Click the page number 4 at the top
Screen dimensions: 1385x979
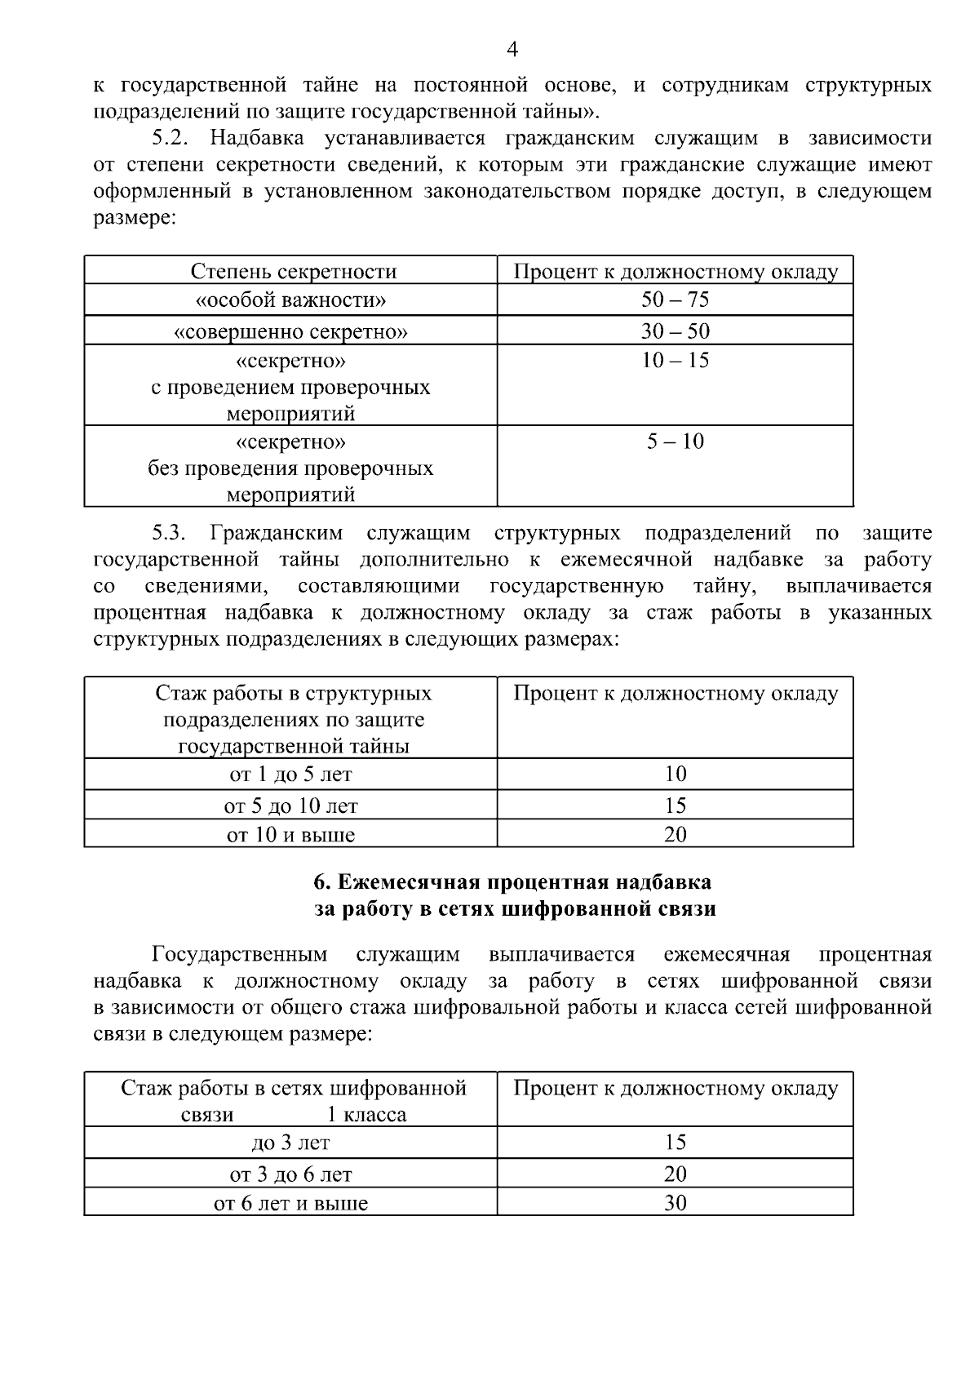pyautogui.click(x=512, y=51)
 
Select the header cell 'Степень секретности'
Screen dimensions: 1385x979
pyautogui.click(x=293, y=271)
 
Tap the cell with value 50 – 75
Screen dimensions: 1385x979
pyautogui.click(x=675, y=300)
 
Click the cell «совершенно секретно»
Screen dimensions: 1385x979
pyautogui.click(x=291, y=331)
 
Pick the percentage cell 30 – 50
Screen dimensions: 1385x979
pyautogui.click(x=675, y=331)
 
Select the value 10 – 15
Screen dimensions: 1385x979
pyautogui.click(x=675, y=360)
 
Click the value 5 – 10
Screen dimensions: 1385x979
pyautogui.click(x=675, y=442)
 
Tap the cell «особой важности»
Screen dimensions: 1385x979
pyautogui.click(x=291, y=300)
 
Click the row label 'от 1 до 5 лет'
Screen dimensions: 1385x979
pyautogui.click(x=290, y=774)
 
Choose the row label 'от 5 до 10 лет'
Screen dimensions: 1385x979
pyautogui.click(x=290, y=806)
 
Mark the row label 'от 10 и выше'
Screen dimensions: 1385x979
pyautogui.click(x=290, y=835)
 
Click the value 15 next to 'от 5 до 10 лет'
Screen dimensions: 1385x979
pyautogui.click(x=675, y=806)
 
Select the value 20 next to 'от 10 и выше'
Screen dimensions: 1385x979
pyautogui.click(x=675, y=834)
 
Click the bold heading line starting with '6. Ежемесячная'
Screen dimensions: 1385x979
pyautogui.click(x=512, y=882)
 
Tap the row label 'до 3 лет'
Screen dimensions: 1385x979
pyautogui.click(x=290, y=1143)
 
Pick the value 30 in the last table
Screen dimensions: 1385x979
pyautogui.click(x=675, y=1203)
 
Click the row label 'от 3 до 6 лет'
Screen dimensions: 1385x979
pyautogui.click(x=290, y=1174)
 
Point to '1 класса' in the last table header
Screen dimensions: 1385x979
pyautogui.click(x=366, y=1115)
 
